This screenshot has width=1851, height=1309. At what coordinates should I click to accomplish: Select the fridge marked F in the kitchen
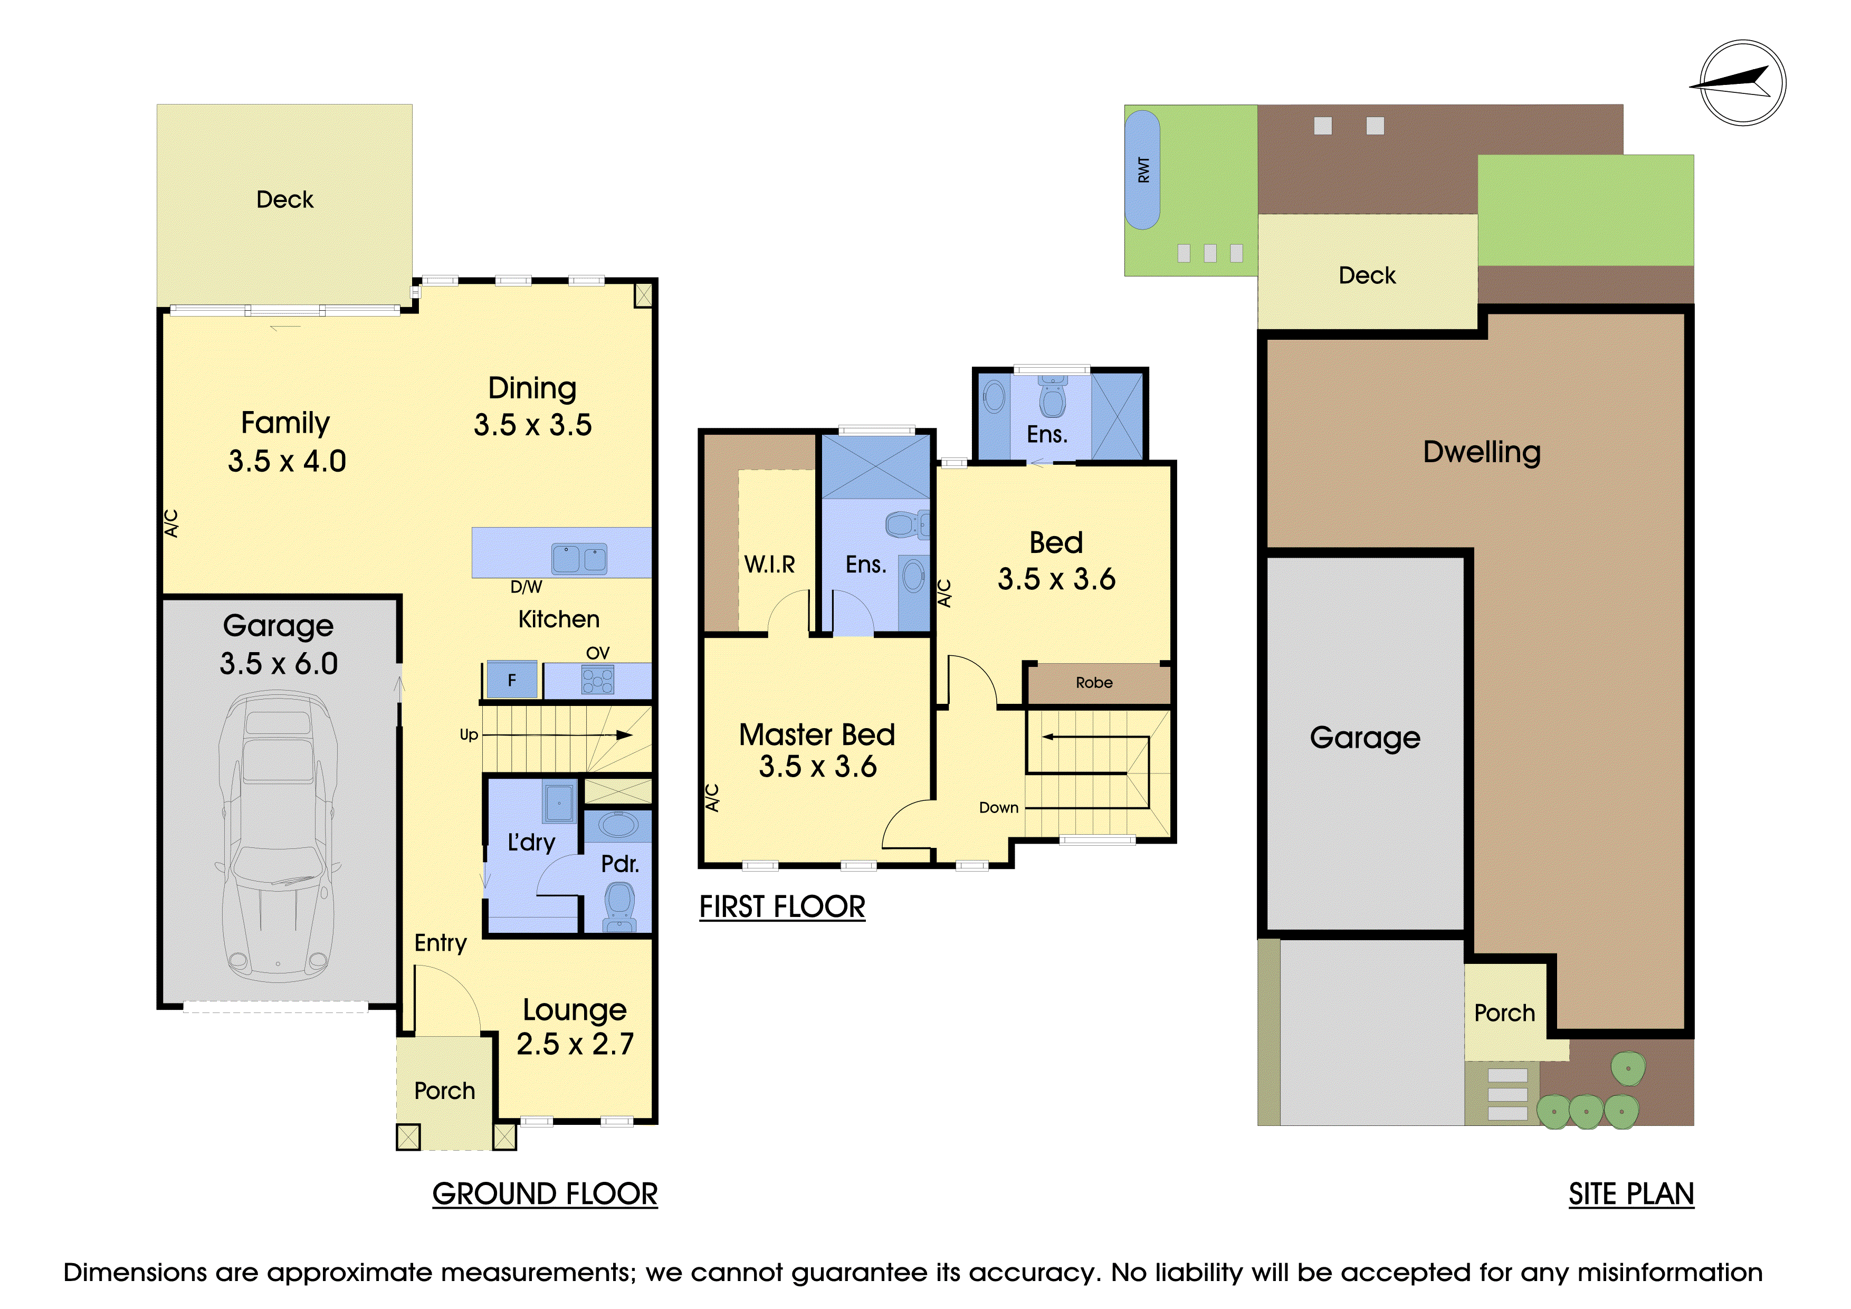511,680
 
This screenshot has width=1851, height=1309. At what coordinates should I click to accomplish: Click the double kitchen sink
579,558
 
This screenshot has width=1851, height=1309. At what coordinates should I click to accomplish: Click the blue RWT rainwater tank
1142,170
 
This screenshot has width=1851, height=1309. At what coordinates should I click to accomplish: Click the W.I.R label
769,564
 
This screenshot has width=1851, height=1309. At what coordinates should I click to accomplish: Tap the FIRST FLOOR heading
782,907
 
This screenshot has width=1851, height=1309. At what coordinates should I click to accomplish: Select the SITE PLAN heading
1631,1194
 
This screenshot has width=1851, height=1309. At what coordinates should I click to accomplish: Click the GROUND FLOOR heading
545,1194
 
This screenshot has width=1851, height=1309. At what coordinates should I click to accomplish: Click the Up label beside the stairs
469,735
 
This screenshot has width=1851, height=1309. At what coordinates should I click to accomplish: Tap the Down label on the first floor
999,808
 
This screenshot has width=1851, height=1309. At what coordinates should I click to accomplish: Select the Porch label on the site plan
1504,1013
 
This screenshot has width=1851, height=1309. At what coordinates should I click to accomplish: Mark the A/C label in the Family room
171,523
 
